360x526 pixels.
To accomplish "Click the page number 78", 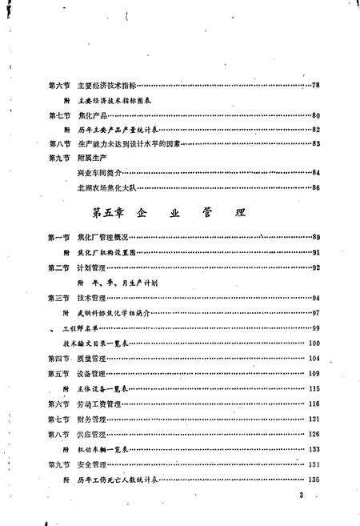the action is point(316,86).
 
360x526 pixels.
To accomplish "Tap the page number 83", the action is point(316,144).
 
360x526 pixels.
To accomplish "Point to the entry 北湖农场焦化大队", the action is point(106,188).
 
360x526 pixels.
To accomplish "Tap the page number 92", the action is point(316,268).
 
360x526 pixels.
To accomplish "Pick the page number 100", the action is point(314,343).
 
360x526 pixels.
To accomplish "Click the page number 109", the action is point(314,374).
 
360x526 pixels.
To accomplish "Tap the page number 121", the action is point(314,420).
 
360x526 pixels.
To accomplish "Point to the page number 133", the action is point(314,450).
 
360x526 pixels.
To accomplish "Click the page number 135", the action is point(314,480).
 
